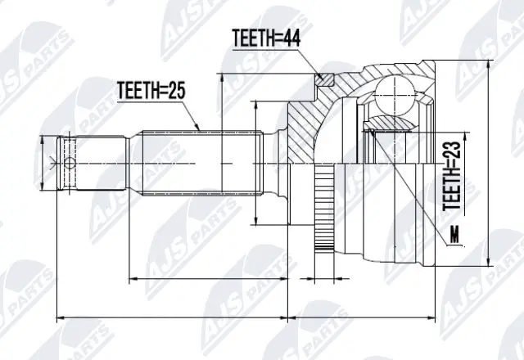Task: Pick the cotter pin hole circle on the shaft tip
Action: click(70, 164)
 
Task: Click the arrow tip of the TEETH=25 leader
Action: click(197, 128)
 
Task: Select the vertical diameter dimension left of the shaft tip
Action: click(43, 164)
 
